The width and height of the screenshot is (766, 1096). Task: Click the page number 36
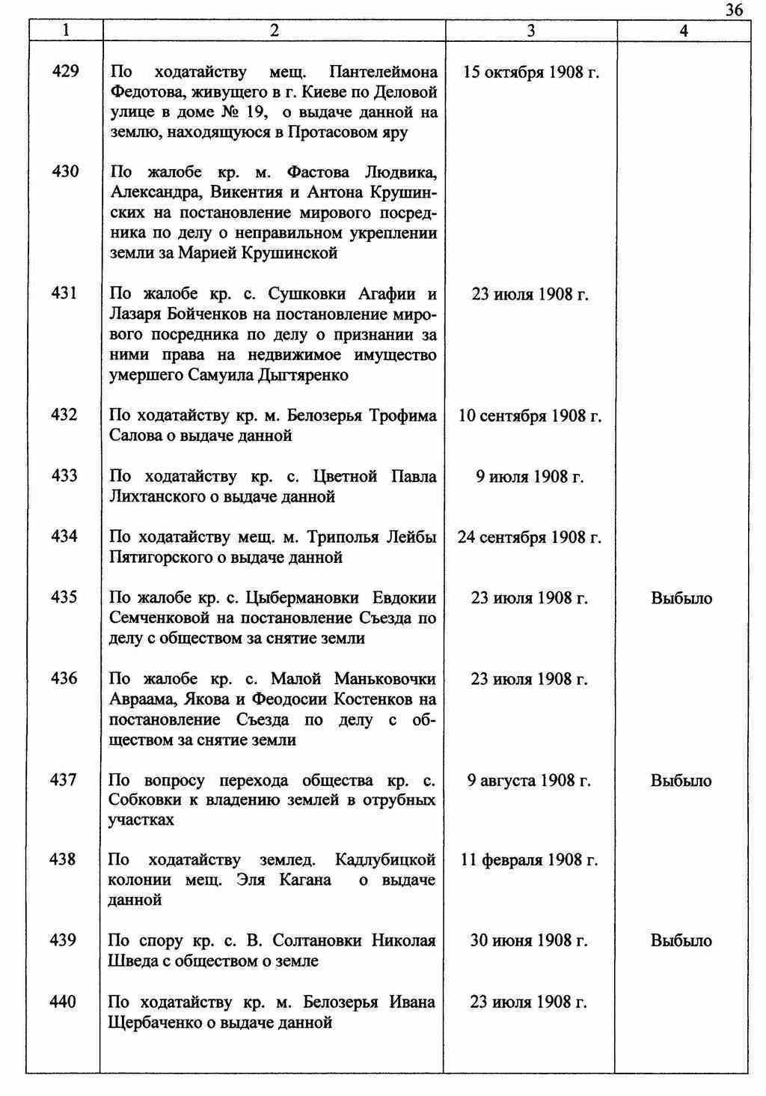click(734, 10)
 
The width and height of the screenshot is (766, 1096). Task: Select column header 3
click(530, 31)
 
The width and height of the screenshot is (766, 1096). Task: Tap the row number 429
click(64, 72)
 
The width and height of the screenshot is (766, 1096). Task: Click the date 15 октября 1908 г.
click(531, 73)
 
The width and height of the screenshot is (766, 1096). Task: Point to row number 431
click(64, 293)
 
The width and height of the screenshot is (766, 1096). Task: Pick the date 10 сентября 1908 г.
click(530, 415)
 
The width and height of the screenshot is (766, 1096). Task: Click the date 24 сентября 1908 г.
click(529, 538)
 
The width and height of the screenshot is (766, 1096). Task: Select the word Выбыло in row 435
click(681, 598)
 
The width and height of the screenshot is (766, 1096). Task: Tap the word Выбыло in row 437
click(681, 781)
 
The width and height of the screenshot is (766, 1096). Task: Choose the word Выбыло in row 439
click(681, 940)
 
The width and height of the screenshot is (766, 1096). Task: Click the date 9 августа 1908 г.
click(529, 781)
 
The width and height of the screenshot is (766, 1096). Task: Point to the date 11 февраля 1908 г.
click(529, 860)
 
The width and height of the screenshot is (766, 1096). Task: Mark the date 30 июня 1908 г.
click(528, 940)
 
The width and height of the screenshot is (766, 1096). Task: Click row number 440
click(63, 1002)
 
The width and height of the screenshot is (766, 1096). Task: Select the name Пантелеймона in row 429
click(383, 73)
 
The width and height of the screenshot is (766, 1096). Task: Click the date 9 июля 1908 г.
click(530, 477)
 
